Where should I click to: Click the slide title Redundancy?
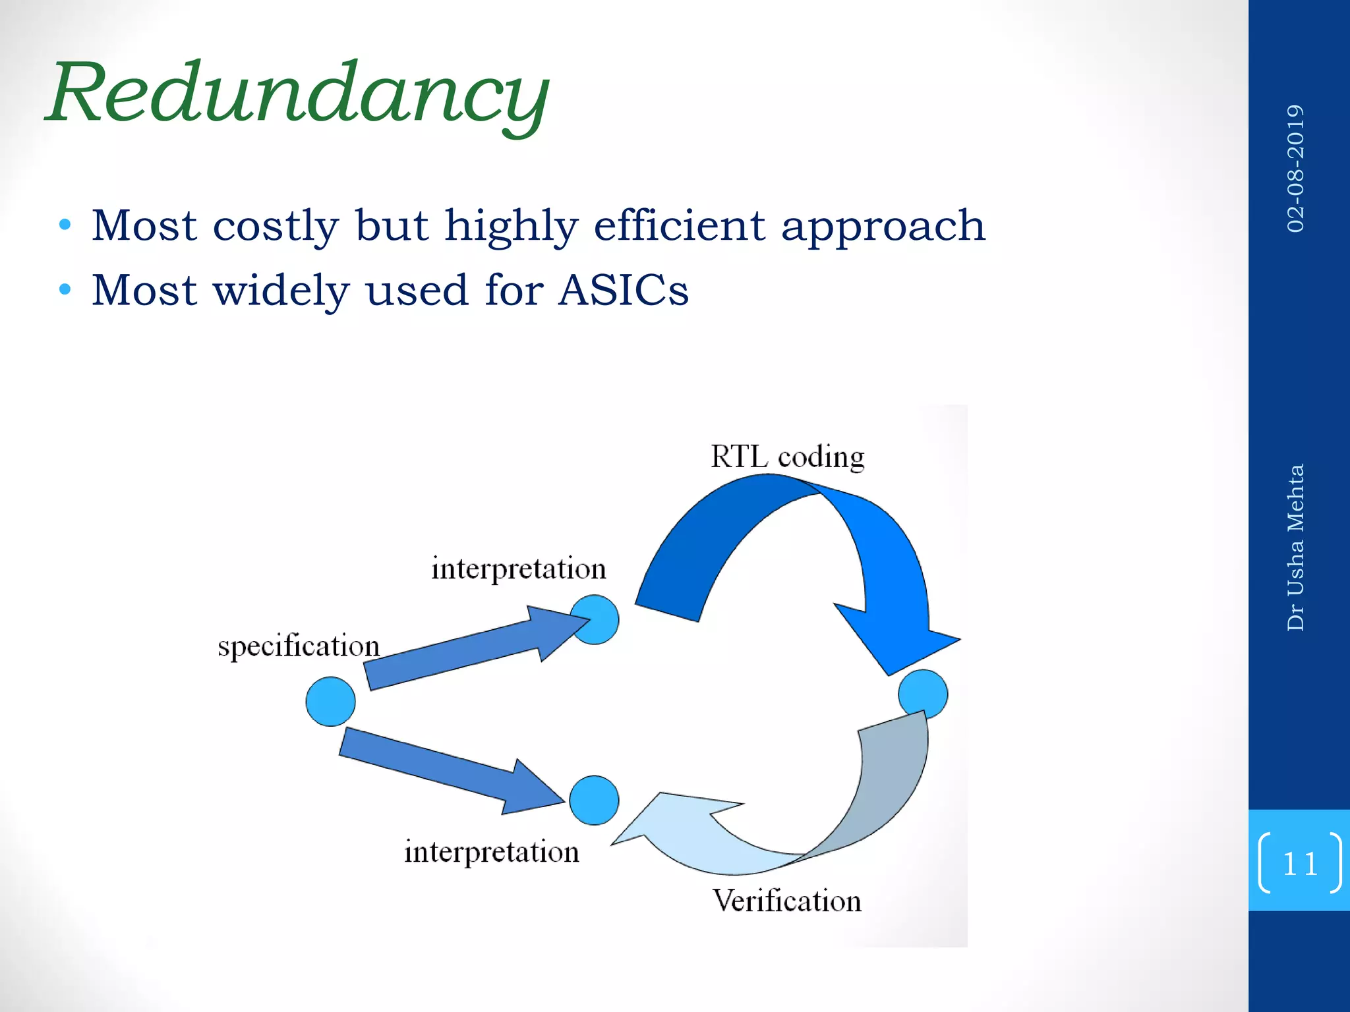pyautogui.click(x=298, y=94)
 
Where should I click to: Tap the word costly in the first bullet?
pyautogui.click(x=275, y=226)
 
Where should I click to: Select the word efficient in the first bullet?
pyautogui.click(x=679, y=226)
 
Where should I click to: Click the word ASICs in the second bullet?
pyautogui.click(x=623, y=291)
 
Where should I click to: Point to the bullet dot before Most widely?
pyautogui.click(x=65, y=289)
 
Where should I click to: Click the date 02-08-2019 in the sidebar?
pyautogui.click(x=1295, y=168)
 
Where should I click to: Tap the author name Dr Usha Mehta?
pyautogui.click(x=1295, y=547)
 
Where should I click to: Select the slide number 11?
pyautogui.click(x=1299, y=863)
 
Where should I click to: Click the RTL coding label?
pyautogui.click(x=787, y=457)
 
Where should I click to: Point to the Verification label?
pyautogui.click(x=786, y=901)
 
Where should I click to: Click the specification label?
pyautogui.click(x=299, y=646)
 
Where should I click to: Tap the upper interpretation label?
pyautogui.click(x=518, y=569)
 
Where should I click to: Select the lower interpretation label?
pyautogui.click(x=491, y=852)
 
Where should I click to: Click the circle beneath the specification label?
pyautogui.click(x=330, y=702)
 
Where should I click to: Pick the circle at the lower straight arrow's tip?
pyautogui.click(x=594, y=801)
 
